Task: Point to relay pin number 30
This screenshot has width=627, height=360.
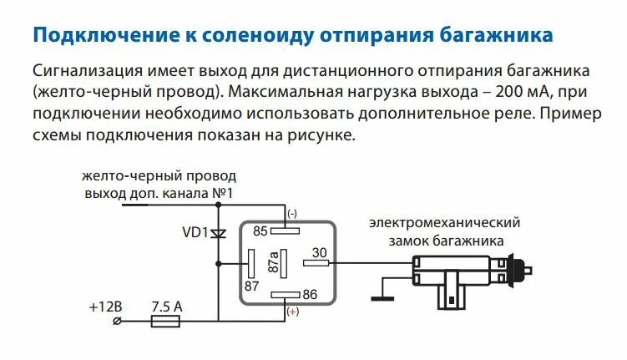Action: click(319, 253)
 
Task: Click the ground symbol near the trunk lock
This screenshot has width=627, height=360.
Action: click(381, 293)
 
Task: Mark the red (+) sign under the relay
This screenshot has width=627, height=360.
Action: click(291, 311)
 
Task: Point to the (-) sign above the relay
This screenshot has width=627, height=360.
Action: click(291, 214)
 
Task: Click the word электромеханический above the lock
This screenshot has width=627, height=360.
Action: click(446, 223)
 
